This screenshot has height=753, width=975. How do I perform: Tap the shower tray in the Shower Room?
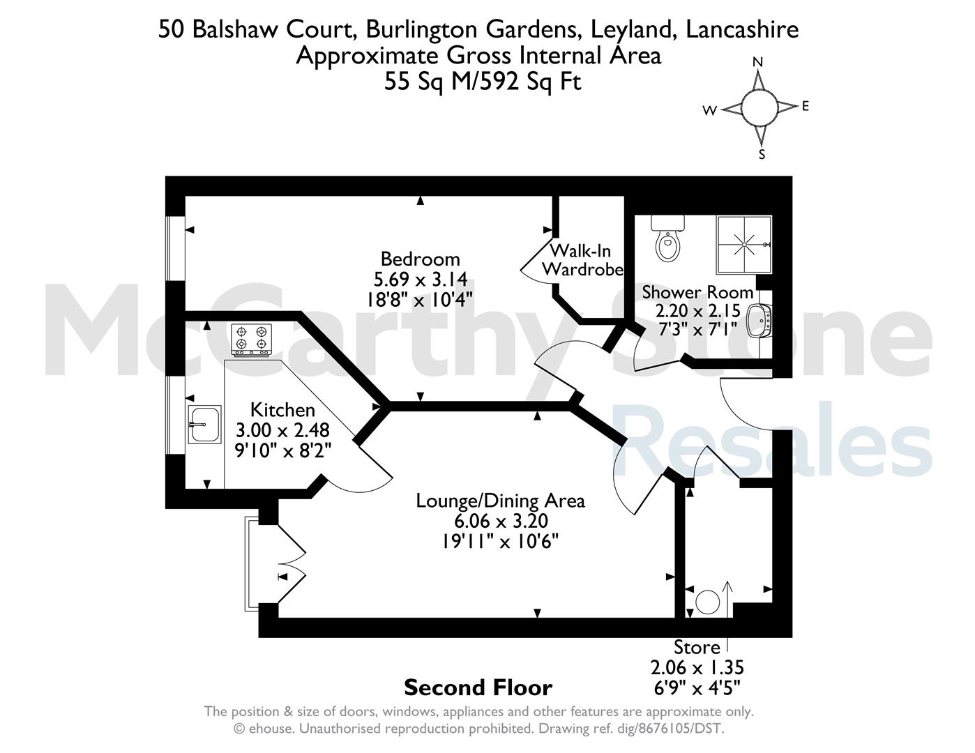coord(744,245)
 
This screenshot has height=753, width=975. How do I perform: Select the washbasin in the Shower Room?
coord(760,320)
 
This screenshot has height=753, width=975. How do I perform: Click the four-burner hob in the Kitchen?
coord(251,340)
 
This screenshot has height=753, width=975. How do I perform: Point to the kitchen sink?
coord(204,425)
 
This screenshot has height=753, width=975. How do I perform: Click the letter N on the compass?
coord(758,62)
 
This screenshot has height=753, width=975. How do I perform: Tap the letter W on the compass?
coord(710,111)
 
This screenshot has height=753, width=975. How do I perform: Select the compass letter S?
coord(762,155)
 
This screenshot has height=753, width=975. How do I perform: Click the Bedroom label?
coord(421,259)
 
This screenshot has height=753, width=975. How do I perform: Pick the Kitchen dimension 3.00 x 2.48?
coord(282,431)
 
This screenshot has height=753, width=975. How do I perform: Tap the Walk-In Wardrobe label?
coord(582,259)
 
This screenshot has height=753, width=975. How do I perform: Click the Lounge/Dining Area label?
coord(500,501)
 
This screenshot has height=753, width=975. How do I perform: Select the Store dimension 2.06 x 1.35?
coord(697,668)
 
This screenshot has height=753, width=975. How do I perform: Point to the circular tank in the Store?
coord(708,602)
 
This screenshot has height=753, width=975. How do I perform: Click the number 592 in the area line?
coord(499,82)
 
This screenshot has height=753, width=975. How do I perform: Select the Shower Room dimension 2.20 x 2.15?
coord(697,311)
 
